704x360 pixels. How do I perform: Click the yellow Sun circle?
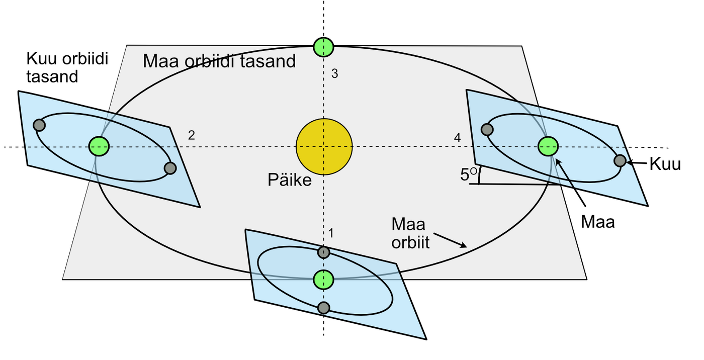[x=324, y=147]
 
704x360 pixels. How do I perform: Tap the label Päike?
[x=289, y=179]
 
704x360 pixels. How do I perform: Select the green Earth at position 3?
[x=323, y=47]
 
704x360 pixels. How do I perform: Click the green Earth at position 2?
[x=99, y=146]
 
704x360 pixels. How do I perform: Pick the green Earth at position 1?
[x=323, y=279]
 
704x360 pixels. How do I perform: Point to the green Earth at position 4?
[x=547, y=146]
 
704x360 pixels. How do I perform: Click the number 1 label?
[x=331, y=233]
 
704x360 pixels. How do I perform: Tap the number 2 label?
[x=191, y=135]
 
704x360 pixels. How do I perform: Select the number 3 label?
[x=334, y=74]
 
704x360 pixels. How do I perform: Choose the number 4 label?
[x=457, y=137]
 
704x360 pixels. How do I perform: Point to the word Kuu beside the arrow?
[x=665, y=164]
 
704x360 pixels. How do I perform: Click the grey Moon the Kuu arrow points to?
[x=620, y=161]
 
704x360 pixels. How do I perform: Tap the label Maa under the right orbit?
[x=597, y=222]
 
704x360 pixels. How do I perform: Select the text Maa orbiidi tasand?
[x=219, y=61]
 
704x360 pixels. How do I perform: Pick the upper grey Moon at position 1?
[x=324, y=252]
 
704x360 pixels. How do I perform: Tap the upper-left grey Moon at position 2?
[x=39, y=125]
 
